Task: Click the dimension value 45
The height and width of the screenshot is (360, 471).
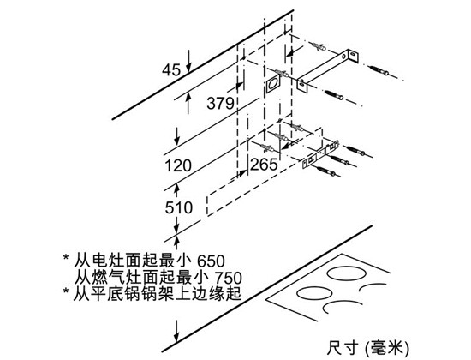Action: tap(171, 70)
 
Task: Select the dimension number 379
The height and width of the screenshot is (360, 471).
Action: tap(220, 103)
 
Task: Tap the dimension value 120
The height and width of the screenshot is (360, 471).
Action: tap(178, 165)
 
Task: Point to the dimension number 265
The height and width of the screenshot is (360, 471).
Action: tap(264, 165)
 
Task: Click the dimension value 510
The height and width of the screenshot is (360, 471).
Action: tap(179, 207)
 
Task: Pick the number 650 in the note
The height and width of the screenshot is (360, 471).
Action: tap(211, 261)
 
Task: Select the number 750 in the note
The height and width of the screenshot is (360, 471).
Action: tap(228, 278)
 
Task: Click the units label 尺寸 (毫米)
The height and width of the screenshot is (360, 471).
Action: tap(368, 348)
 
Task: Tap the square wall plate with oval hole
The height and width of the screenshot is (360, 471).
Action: tap(272, 83)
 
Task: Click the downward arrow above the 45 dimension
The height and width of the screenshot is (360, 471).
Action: tap(188, 62)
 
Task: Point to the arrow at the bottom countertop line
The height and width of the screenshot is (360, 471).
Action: tap(177, 331)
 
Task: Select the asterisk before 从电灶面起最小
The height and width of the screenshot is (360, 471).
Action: tap(65, 258)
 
